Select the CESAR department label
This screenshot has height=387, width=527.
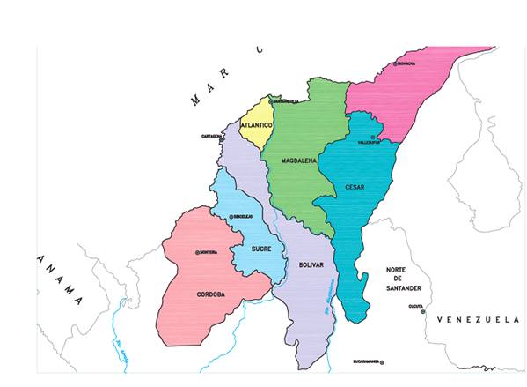pos(355,188)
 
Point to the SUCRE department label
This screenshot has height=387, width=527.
pos(261,249)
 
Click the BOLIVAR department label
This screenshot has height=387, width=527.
pos(311,264)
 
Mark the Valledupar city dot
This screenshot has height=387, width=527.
pos(373,137)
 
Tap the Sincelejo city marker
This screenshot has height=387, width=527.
pos(231,216)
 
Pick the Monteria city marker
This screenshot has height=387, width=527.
pos(198,252)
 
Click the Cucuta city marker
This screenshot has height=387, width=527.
pos(423,311)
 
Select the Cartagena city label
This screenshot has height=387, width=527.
pos(210,137)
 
